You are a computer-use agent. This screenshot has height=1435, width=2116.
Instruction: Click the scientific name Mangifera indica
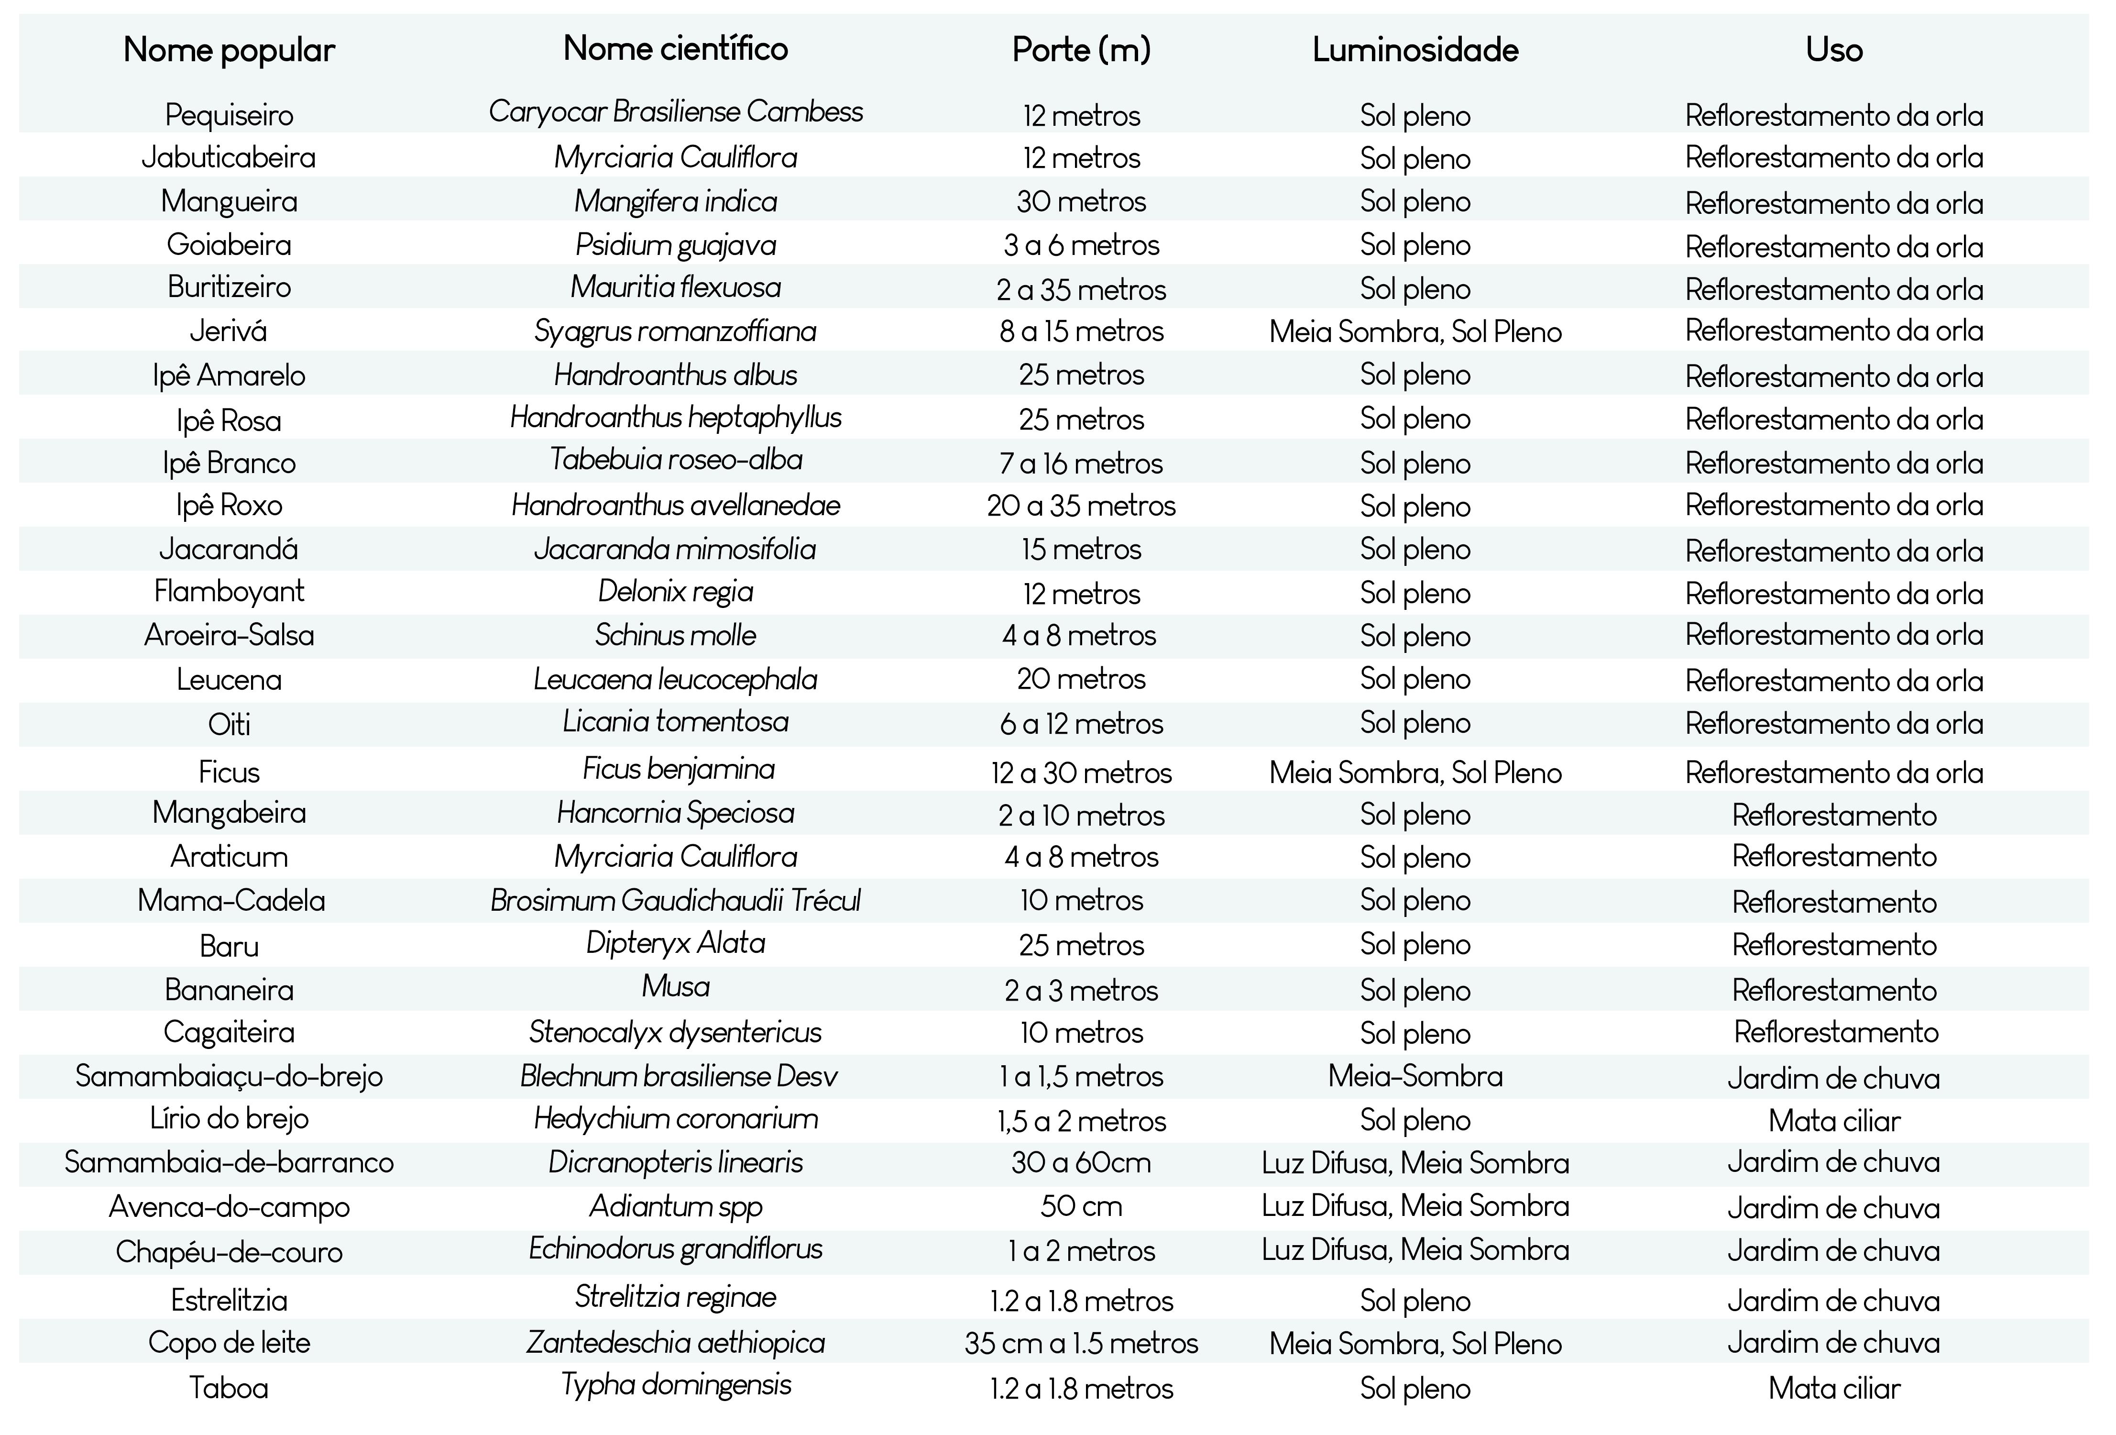coord(676,201)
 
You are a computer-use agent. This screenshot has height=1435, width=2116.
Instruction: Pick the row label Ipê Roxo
coord(230,505)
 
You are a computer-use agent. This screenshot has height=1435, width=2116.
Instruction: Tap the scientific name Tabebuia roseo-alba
coord(676,460)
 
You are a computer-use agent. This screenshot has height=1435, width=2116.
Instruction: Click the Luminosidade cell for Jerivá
coord(1415,331)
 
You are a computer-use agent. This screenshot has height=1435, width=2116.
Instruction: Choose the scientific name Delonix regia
coord(676,592)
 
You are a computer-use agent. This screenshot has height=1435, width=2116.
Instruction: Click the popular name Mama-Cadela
coord(231,901)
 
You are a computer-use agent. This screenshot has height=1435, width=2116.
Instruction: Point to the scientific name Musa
coord(676,986)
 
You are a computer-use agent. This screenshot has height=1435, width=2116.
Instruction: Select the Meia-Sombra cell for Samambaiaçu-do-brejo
coord(1415,1076)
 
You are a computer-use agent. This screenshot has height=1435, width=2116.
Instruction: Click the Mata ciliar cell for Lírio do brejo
coord(1834,1121)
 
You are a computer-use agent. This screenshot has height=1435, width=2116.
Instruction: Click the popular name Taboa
coord(230,1388)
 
